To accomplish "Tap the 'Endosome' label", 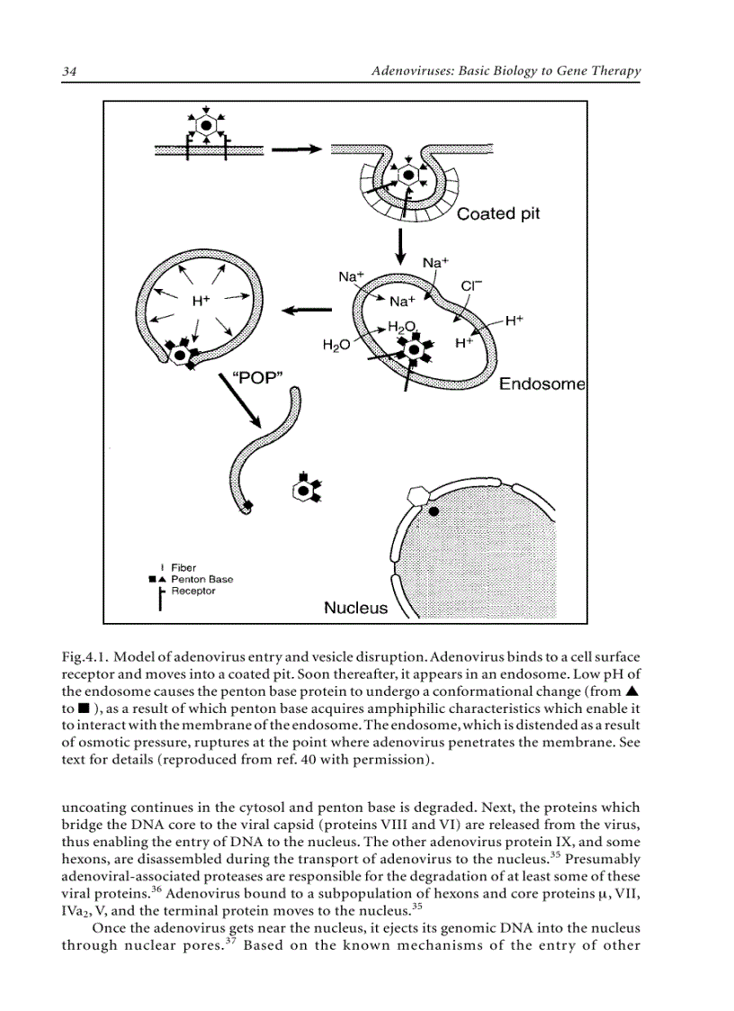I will tap(542, 384).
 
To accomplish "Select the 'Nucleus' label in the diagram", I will tap(355, 608).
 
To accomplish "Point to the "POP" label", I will tap(258, 378).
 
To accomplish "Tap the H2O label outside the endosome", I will tap(336, 345).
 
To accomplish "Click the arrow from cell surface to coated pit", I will tap(295, 149).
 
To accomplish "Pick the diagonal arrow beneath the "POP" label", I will tap(241, 402).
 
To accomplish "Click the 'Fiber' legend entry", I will tap(183, 568).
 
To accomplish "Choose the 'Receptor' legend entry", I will tap(192, 591).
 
